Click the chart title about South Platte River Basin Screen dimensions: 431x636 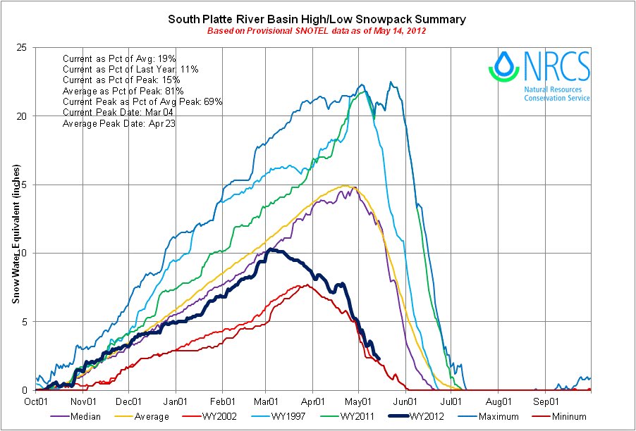317,19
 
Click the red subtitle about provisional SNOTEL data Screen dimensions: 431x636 317,32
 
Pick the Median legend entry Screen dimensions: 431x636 83,417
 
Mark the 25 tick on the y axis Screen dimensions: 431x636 23,47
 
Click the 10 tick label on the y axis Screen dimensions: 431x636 23,253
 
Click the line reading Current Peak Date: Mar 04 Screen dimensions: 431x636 115,113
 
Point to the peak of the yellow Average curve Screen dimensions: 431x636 345,186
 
